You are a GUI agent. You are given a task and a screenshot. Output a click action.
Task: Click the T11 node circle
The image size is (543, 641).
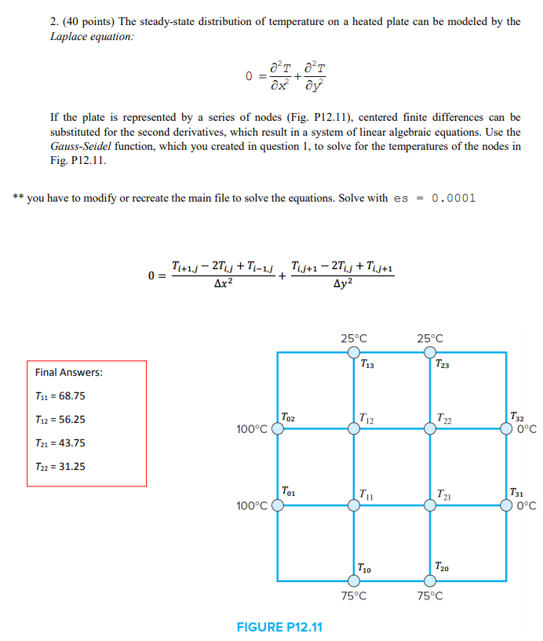[x=354, y=506]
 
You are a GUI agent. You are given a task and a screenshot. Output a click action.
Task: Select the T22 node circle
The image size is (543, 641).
[x=429, y=429]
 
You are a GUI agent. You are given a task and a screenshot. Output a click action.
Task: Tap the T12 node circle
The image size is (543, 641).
[x=354, y=429]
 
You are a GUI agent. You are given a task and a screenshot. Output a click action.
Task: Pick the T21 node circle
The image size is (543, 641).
[x=429, y=506]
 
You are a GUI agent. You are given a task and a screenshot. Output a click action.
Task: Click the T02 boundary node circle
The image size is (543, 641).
[x=277, y=429]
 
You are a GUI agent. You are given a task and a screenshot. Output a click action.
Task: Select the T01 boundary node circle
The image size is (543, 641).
[x=277, y=506]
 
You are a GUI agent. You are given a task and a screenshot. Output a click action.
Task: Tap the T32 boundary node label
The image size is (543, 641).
[x=519, y=417]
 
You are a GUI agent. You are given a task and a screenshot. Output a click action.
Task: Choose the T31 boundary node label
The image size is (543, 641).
[x=519, y=493]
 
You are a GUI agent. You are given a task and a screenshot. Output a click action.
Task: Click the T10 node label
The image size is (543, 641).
[x=365, y=567]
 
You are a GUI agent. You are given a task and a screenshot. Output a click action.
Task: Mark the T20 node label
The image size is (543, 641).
[x=442, y=567]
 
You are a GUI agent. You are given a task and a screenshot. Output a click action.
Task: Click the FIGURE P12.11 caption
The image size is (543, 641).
[x=279, y=627]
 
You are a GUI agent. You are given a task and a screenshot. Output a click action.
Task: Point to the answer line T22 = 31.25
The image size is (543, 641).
[x=60, y=466]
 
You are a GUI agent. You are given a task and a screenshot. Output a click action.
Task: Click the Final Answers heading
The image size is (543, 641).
[x=69, y=372]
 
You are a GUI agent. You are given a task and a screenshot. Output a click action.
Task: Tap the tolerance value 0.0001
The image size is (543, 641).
[x=450, y=198]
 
